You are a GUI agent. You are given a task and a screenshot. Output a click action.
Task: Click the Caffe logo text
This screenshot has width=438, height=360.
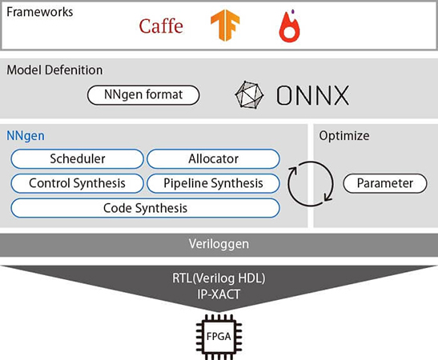[x=161, y=26]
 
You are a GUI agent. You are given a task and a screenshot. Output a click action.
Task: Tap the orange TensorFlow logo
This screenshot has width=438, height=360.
[x=225, y=25]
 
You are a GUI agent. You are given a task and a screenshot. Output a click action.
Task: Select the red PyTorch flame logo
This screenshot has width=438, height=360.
[x=289, y=26]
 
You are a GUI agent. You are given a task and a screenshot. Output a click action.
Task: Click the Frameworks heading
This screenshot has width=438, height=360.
[x=40, y=12]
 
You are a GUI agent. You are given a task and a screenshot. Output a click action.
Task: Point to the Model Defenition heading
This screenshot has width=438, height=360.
[x=54, y=70]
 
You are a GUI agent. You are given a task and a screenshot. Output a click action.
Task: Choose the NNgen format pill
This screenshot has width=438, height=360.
[x=143, y=95]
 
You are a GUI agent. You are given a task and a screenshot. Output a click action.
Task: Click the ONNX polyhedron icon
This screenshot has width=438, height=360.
[x=249, y=95]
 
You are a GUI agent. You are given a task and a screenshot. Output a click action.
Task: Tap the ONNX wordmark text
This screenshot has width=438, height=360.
[x=312, y=95]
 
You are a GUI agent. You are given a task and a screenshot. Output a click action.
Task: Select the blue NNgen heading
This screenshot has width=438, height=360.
[x=26, y=136]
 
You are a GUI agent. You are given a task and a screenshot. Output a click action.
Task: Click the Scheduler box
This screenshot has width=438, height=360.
[x=78, y=158]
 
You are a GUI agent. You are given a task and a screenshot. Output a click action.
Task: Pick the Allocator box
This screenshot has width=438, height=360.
[x=213, y=158]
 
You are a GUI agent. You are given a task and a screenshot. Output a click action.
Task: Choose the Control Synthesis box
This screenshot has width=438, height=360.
[x=78, y=183]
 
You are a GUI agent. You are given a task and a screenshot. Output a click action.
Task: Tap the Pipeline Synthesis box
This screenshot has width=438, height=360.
[x=213, y=183]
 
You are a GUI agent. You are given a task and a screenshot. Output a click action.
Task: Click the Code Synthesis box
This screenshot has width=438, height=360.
[x=145, y=208]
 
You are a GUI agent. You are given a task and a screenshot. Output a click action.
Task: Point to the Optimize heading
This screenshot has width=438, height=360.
[x=344, y=136]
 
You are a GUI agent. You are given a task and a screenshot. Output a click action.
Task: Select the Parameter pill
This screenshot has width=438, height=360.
[x=385, y=183]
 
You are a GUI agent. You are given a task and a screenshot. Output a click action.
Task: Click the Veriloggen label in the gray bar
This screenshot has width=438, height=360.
[x=219, y=244]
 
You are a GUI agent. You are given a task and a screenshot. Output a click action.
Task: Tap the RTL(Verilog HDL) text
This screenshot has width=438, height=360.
[x=219, y=278]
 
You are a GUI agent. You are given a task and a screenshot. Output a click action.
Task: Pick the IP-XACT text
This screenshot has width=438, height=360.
[x=219, y=294]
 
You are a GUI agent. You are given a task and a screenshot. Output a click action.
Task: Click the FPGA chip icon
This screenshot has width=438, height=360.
[x=219, y=337]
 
